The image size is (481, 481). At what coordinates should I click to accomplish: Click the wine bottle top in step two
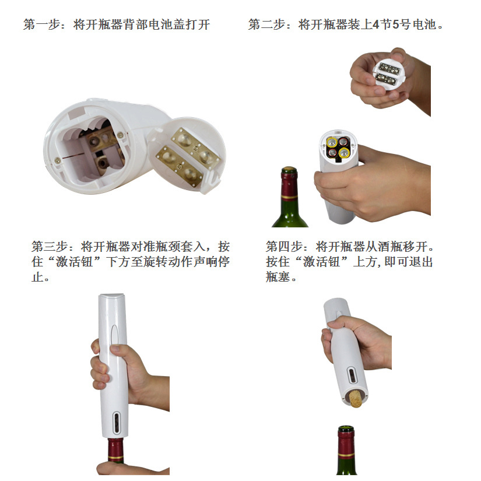coord(289,181)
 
